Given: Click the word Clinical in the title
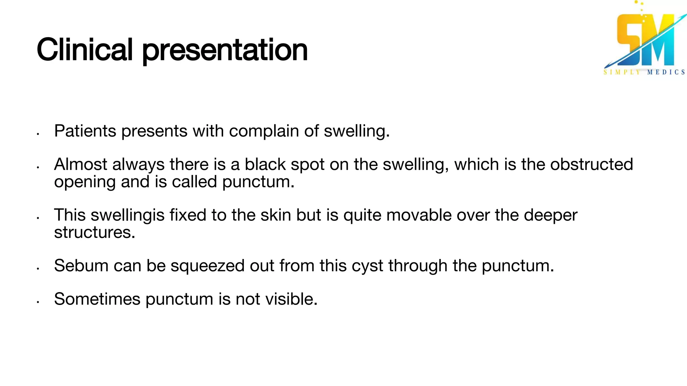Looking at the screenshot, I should pos(85,50).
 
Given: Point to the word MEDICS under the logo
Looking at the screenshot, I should pos(666,72).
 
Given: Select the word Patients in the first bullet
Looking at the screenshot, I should pos(85,131).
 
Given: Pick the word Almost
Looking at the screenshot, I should pos(81,164).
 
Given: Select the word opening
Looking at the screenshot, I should pos(85,182).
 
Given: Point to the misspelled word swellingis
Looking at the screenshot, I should pos(127,215).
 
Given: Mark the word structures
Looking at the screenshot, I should pos(95,232).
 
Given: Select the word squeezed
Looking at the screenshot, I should pos(208,266).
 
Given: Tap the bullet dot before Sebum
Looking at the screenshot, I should pos(39,269).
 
